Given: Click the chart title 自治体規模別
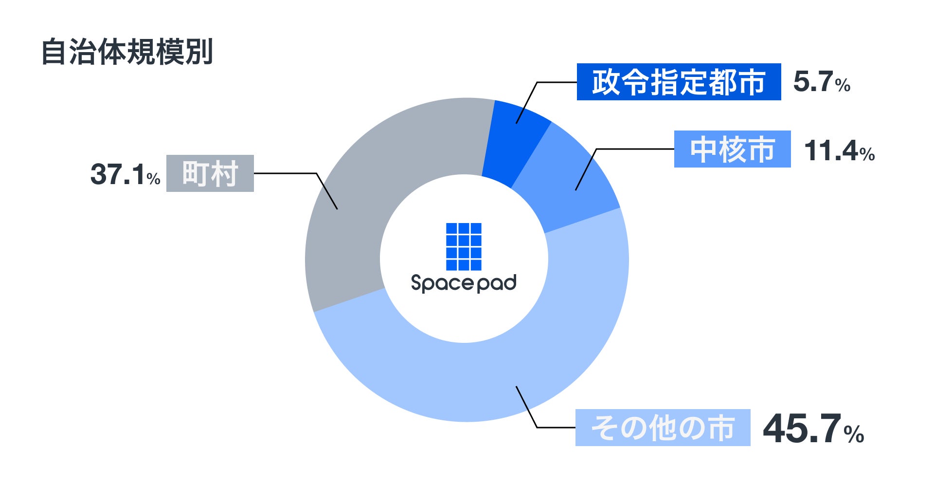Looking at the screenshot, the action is click(x=127, y=52).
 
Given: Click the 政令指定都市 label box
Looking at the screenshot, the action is click(x=679, y=82).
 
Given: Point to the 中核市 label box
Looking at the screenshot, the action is click(x=732, y=149).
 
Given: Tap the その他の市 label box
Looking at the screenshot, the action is click(x=663, y=428).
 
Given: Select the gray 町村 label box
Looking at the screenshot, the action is click(x=210, y=173).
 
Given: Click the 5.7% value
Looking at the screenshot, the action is click(x=821, y=82).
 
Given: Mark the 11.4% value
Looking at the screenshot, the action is click(x=839, y=150).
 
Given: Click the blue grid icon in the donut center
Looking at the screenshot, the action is click(x=464, y=246).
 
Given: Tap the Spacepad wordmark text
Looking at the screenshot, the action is click(x=464, y=283).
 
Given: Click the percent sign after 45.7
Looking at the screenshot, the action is click(x=854, y=434).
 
